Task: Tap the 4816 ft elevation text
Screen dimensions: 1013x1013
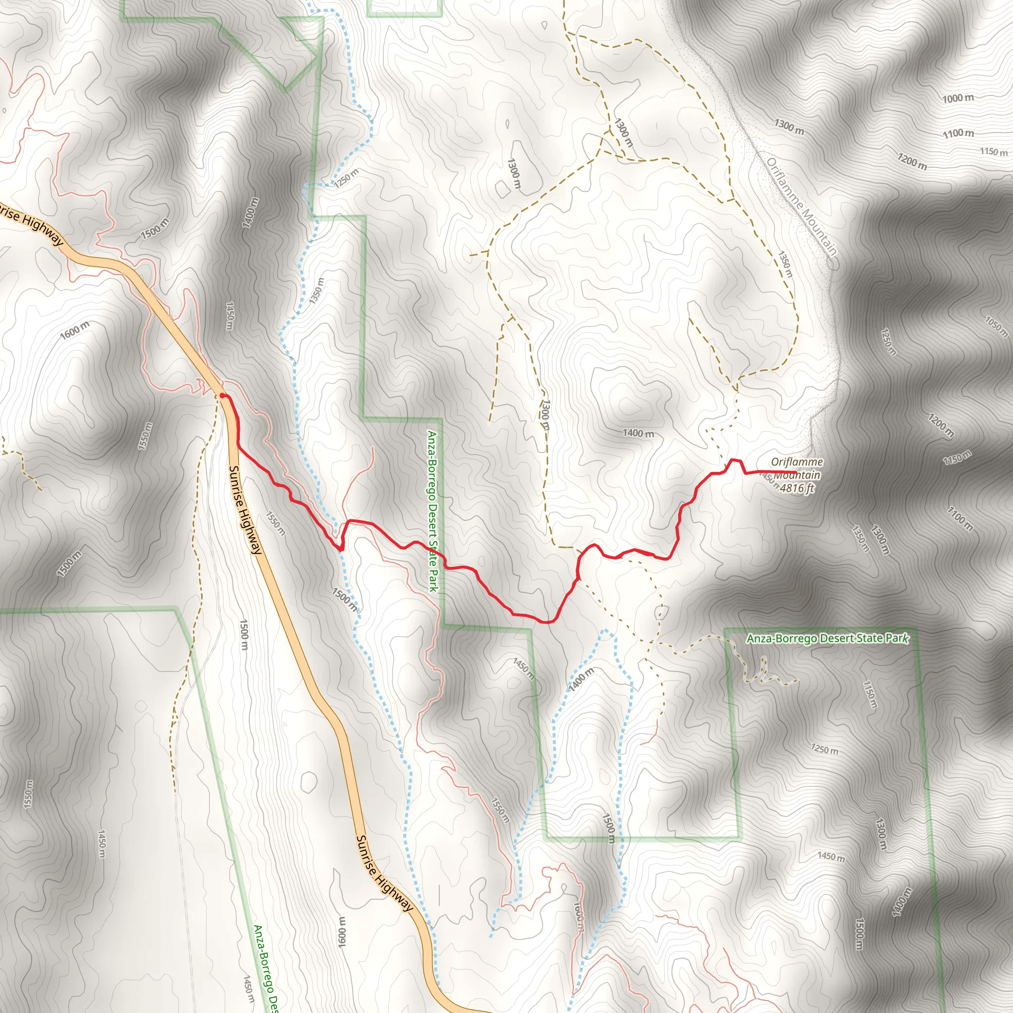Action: pos(797,488)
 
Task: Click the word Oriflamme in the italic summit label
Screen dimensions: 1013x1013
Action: pos(796,462)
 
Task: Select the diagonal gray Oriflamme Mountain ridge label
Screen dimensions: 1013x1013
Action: pos(802,207)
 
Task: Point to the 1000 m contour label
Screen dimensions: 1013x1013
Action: pos(958,98)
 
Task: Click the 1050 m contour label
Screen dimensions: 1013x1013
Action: pos(996,326)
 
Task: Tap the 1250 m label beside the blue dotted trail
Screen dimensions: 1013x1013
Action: pos(347,177)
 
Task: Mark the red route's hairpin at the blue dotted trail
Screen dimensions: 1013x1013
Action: pos(340,549)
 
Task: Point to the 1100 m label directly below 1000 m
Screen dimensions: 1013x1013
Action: pos(958,133)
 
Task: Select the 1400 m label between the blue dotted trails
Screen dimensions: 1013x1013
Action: pos(582,680)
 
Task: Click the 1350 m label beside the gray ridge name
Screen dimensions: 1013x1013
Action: pos(785,264)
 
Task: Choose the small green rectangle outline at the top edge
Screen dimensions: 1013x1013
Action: pos(404,8)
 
